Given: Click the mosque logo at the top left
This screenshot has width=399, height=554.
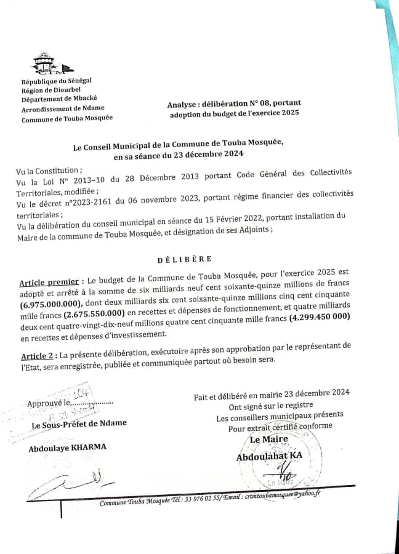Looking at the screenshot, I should click(49, 64).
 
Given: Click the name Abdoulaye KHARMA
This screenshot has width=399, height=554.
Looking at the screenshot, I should click(66, 448).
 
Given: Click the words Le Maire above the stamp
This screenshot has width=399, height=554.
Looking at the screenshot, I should click(265, 440).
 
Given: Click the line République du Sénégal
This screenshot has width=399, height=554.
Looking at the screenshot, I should click(56, 81).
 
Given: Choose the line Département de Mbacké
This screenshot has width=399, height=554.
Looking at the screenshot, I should click(59, 98).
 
